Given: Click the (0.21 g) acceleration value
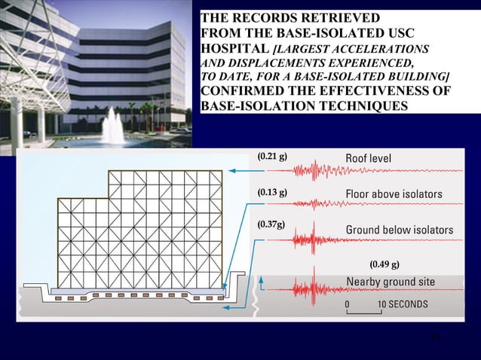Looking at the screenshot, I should point(271,157).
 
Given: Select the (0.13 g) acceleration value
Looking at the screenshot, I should point(271,193).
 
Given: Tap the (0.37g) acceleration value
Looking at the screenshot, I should point(271,224).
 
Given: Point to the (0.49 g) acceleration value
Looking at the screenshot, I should point(384,264).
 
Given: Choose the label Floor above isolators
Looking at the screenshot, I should point(394,194).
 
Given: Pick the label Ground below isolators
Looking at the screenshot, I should point(399,229).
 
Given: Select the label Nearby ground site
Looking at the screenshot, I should point(390,281).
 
